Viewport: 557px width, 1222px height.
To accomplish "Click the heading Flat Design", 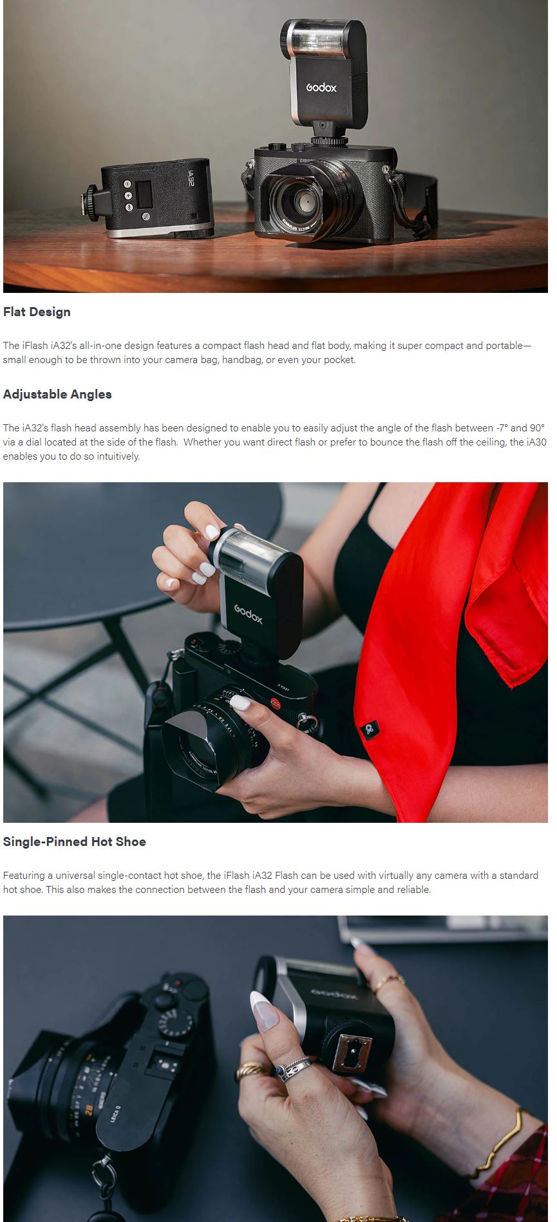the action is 37,312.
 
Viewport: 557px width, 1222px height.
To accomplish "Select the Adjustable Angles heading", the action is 57,394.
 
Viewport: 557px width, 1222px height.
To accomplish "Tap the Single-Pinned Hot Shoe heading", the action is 75,841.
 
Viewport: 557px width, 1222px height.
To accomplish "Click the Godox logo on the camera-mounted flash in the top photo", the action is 321,87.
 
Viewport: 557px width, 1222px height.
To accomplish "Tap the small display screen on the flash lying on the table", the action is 144,194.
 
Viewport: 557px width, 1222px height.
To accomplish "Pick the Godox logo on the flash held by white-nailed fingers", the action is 248,614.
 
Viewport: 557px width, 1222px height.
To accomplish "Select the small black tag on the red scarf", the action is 369,729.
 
